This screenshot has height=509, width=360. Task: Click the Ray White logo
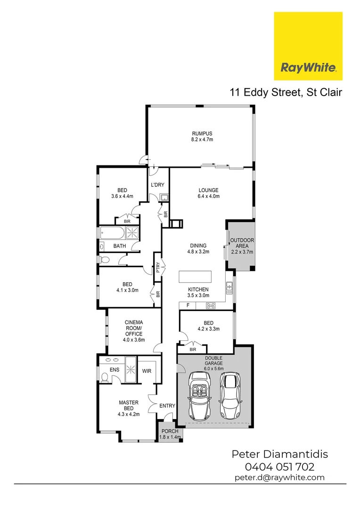tap(308, 46)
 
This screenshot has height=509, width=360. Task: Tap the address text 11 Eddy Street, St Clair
tap(286, 92)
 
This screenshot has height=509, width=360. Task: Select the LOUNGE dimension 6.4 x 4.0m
tap(208, 197)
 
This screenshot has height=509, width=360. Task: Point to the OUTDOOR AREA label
tap(242, 243)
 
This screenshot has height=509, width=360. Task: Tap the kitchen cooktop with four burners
tap(211, 306)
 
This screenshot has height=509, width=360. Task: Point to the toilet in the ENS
tap(104, 377)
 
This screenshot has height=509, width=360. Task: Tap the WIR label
tap(147, 371)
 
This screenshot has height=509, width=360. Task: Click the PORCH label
tap(170, 432)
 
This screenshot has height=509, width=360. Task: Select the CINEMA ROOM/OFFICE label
tap(133, 328)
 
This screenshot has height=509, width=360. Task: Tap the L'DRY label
tap(157, 185)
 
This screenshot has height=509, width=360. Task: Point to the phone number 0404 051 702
tap(279, 467)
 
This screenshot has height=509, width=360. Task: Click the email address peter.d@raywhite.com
tap(279, 477)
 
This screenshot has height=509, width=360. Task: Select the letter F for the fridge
tap(188, 306)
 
